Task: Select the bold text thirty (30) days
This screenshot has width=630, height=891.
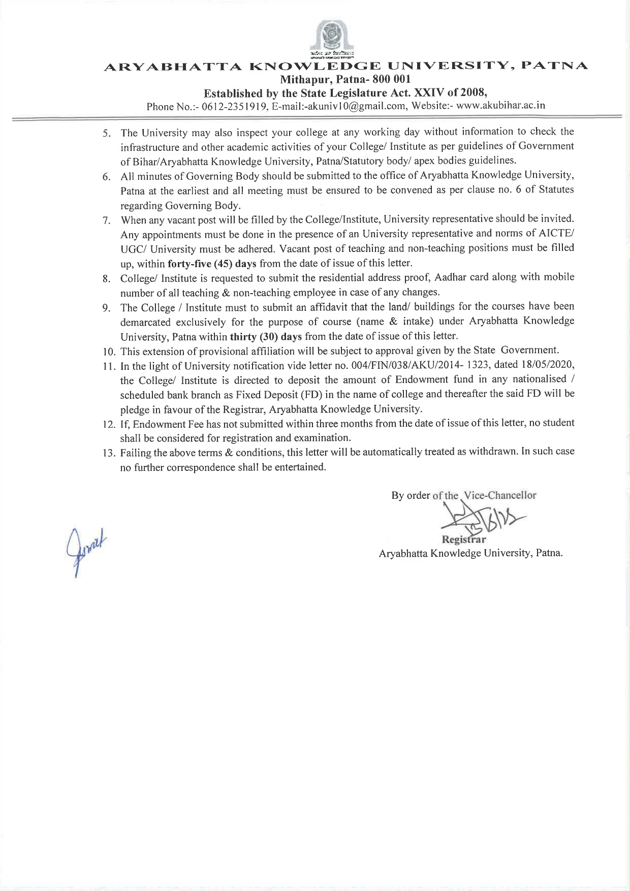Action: point(266,336)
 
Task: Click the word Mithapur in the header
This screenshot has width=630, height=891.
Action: point(303,79)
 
